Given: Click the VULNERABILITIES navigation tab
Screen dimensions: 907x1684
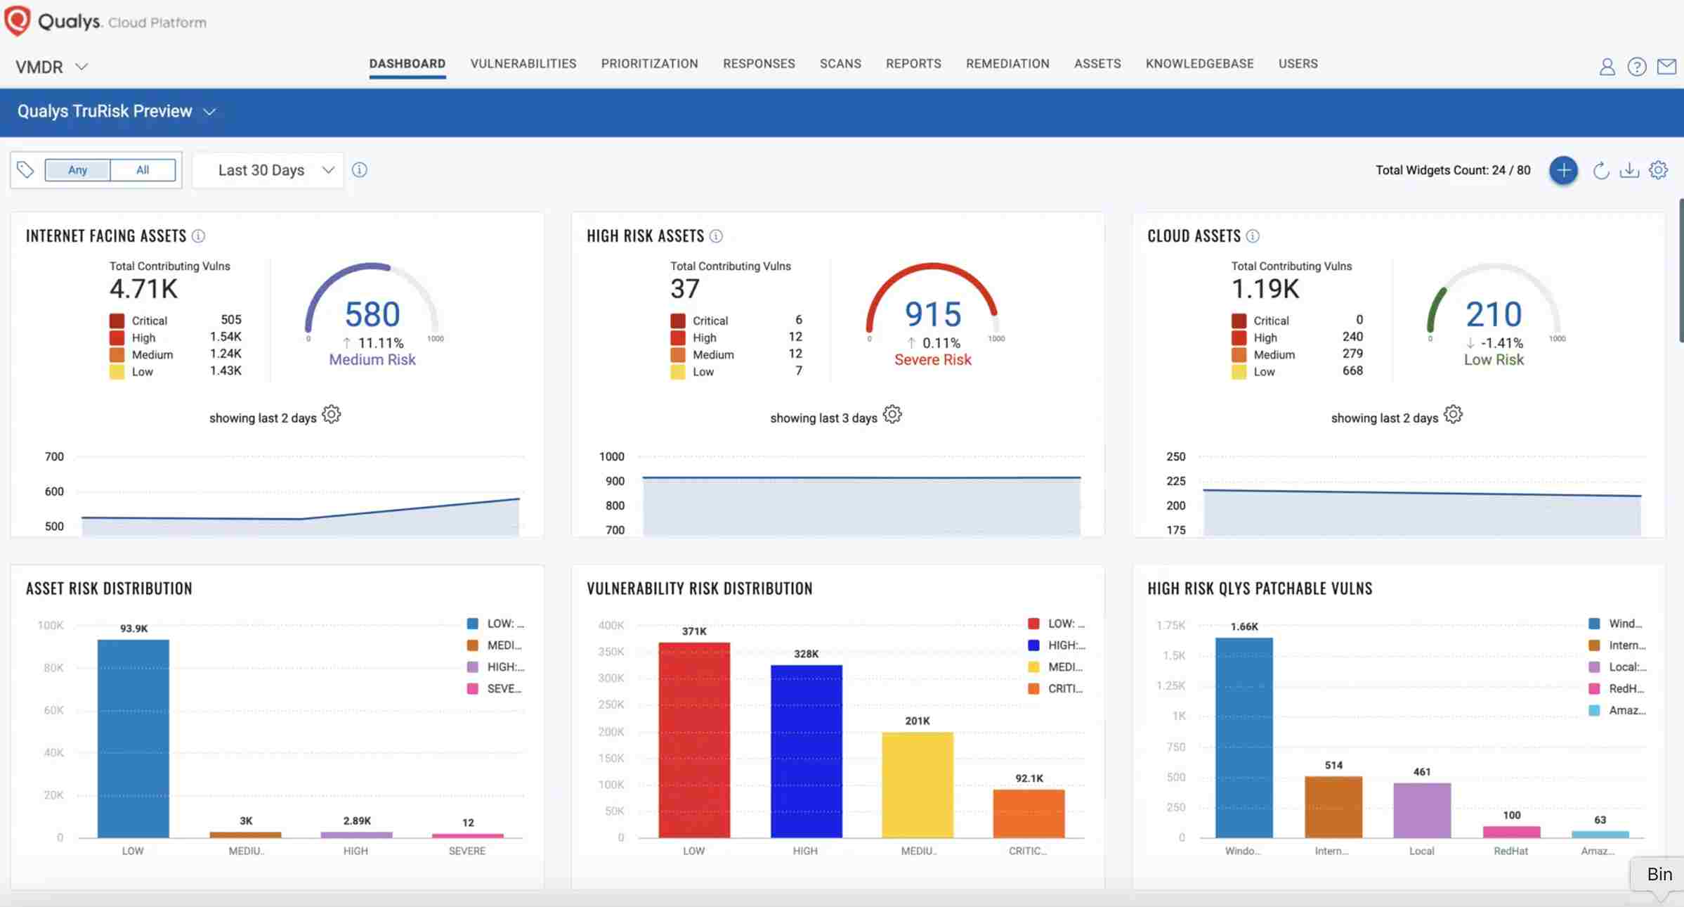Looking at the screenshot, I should (x=523, y=64).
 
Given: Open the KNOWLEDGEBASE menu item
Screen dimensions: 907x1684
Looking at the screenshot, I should (x=1199, y=64).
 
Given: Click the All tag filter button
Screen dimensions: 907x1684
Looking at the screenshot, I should (x=143, y=170).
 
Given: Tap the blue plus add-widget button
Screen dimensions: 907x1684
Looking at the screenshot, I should (x=1563, y=170).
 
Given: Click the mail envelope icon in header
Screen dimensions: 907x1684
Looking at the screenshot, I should (x=1666, y=67).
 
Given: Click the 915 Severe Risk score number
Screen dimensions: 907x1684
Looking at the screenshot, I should (x=932, y=314).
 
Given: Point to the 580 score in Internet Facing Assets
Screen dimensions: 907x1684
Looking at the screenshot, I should (x=372, y=314).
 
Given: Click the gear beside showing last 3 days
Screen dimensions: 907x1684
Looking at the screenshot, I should (x=892, y=415).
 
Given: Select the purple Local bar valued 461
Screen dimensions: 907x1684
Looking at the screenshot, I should (x=1422, y=809).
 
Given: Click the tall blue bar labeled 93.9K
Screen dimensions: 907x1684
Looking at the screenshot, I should (x=133, y=738).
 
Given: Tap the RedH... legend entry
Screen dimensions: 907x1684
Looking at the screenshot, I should (x=1617, y=689).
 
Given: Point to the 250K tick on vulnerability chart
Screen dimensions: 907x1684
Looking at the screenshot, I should (x=611, y=705).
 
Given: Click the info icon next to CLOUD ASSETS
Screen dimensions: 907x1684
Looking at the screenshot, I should (x=1253, y=236).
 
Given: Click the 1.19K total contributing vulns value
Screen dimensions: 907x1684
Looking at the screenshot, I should (x=1265, y=289).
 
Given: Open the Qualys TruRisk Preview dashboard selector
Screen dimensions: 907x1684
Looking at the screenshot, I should (x=116, y=112).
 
